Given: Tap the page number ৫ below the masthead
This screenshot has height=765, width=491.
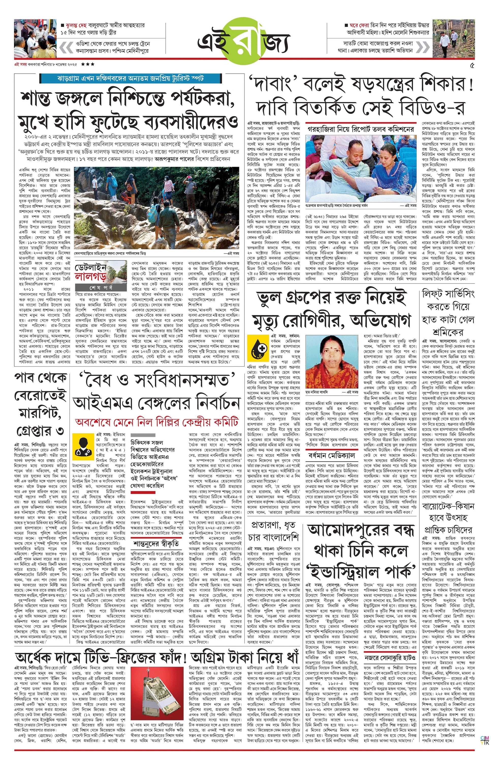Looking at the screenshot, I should click(472, 66).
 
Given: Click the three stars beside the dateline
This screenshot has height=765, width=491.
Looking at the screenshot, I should click(88, 64).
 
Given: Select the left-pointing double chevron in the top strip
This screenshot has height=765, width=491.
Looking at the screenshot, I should click(66, 47).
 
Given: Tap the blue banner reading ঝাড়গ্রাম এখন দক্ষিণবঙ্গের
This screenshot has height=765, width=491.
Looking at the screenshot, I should click(130, 78).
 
